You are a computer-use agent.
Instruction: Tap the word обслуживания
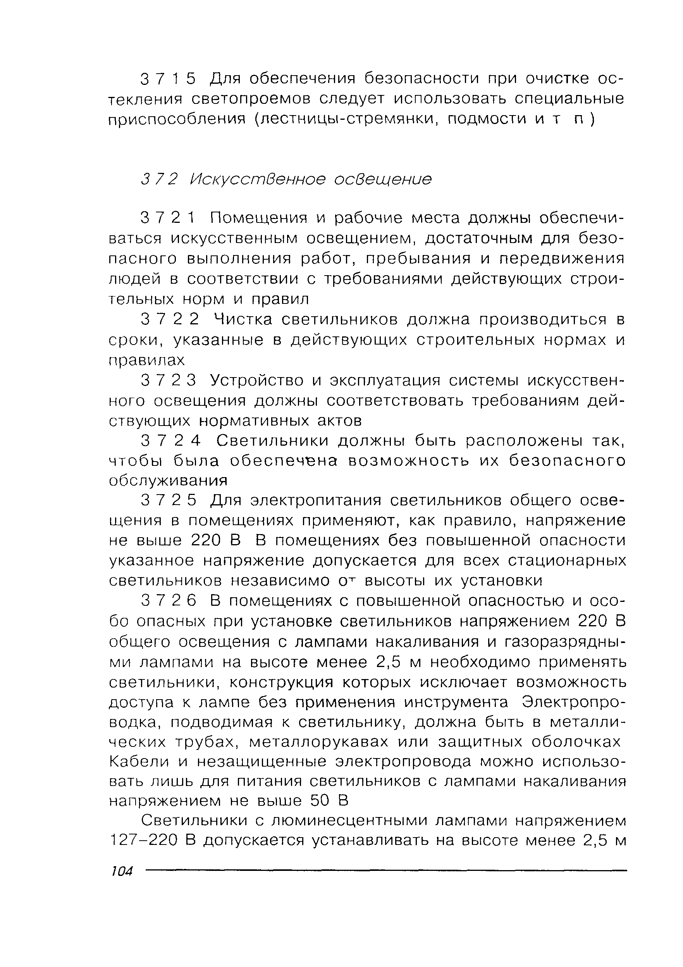point(168,481)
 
